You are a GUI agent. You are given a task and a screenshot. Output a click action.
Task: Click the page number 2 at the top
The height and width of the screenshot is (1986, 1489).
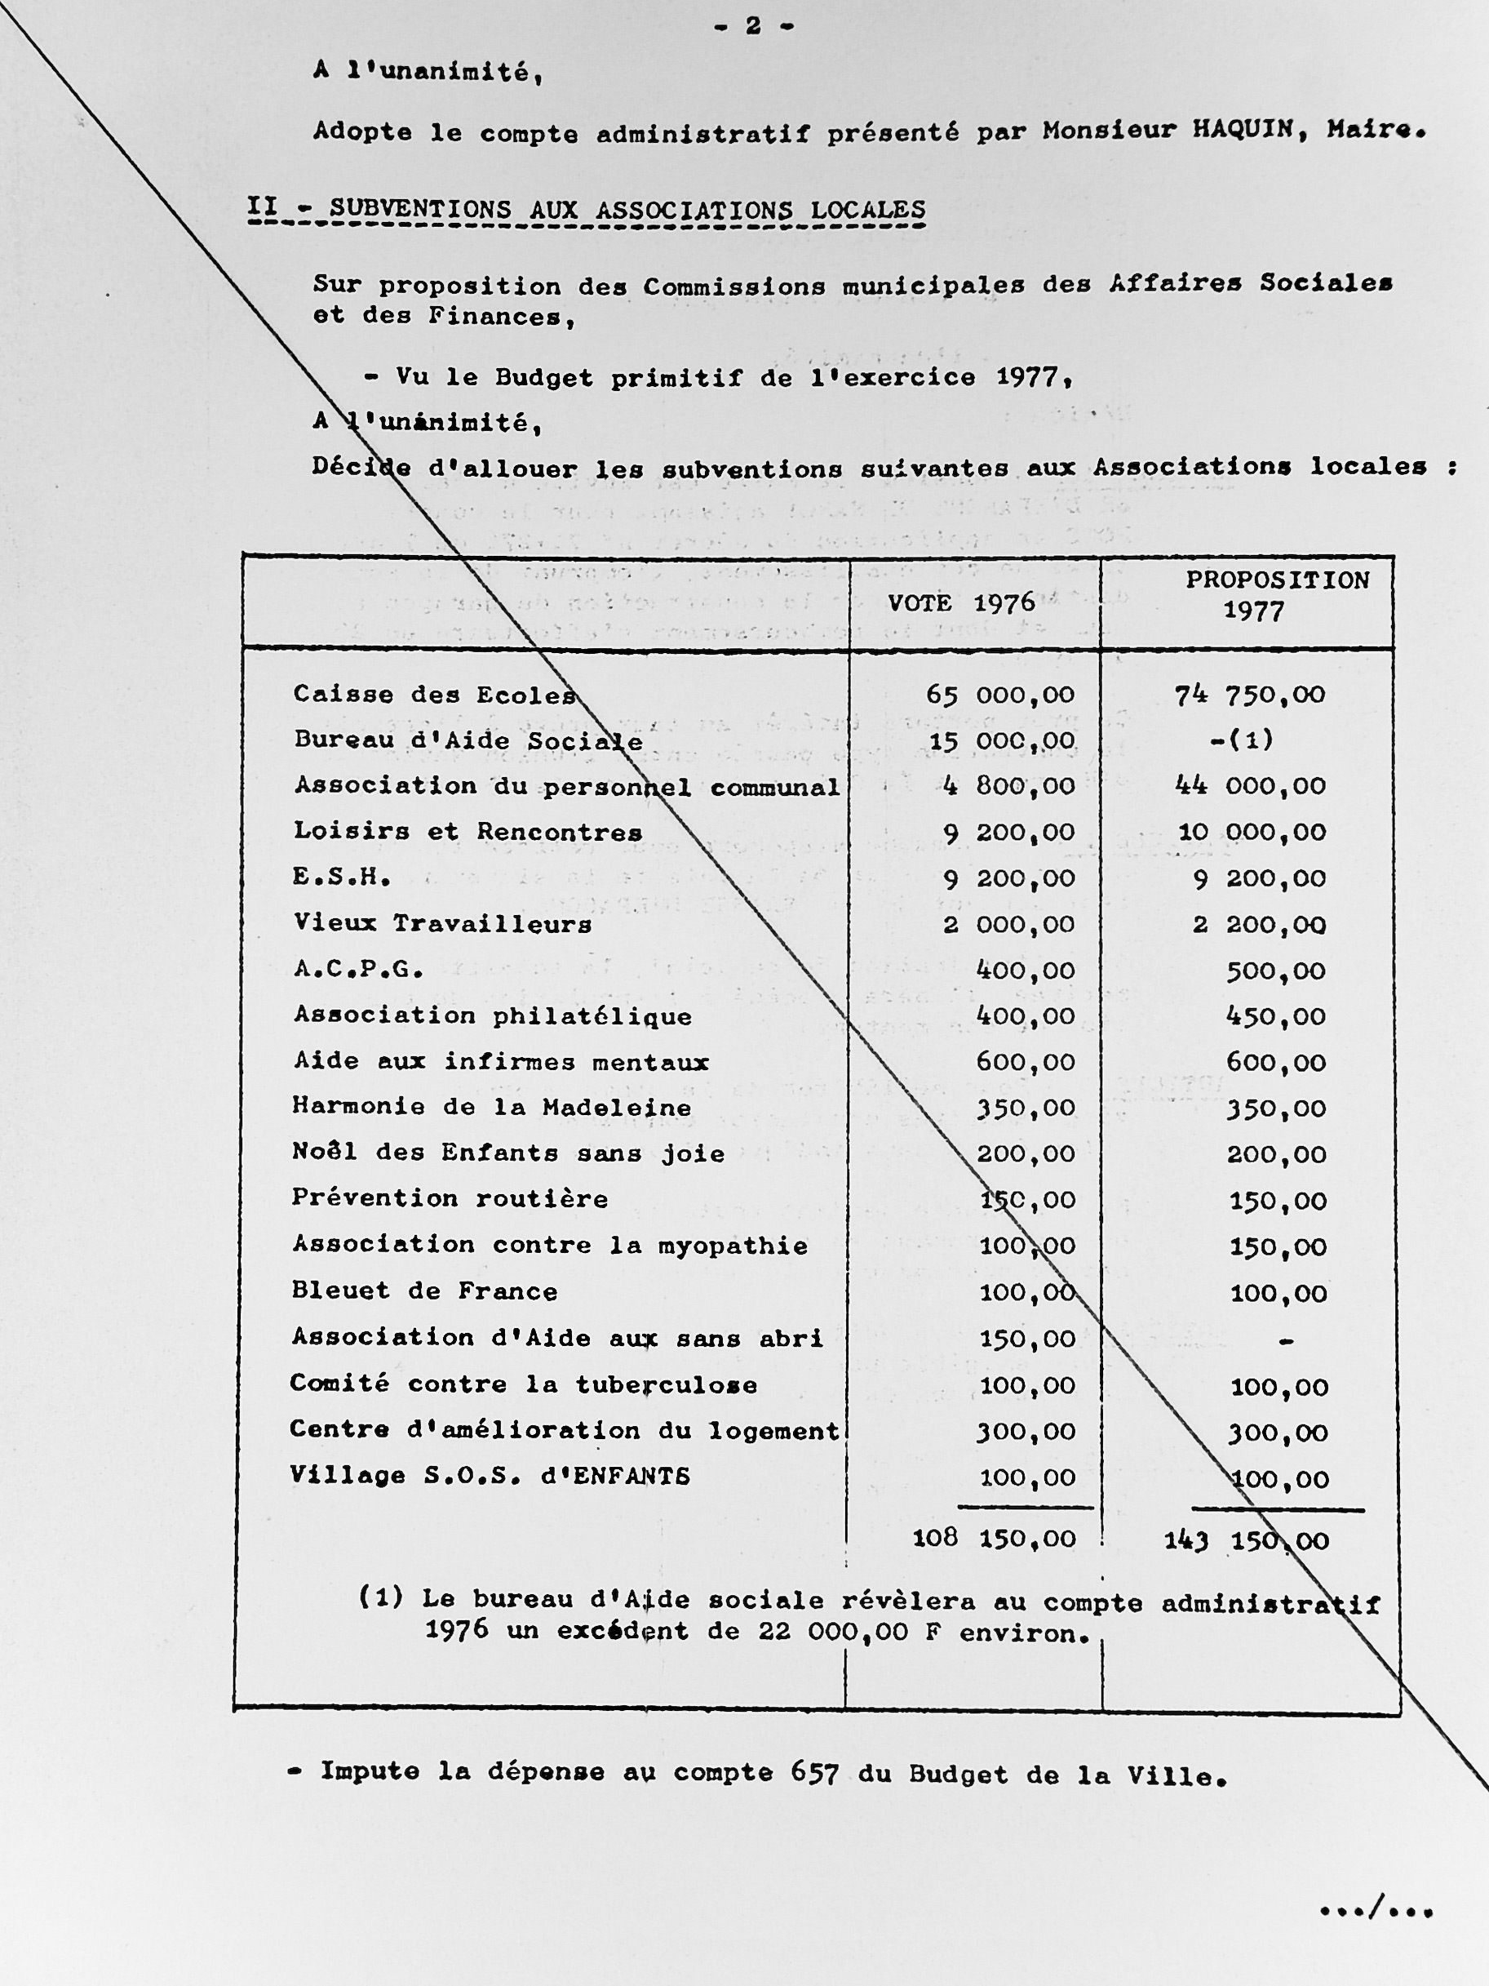pyautogui.click(x=753, y=26)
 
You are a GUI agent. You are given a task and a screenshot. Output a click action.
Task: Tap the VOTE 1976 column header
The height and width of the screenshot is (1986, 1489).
pyautogui.click(x=961, y=603)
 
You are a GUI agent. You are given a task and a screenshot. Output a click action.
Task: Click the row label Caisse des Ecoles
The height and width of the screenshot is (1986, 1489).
pyautogui.click(x=433, y=694)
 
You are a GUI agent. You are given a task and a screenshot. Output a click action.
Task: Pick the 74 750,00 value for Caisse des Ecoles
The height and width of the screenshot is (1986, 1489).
pyautogui.click(x=1250, y=695)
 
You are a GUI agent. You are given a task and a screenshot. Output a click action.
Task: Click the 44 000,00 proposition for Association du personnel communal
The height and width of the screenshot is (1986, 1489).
pyautogui.click(x=1250, y=787)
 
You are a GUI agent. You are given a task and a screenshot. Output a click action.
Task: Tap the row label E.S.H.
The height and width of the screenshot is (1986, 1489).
pyautogui.click(x=342, y=877)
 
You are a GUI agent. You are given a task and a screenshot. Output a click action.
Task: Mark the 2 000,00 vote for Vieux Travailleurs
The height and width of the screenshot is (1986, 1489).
pyautogui.click(x=1008, y=925)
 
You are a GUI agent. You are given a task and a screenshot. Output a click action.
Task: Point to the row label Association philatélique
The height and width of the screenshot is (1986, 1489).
pyautogui.click(x=493, y=1015)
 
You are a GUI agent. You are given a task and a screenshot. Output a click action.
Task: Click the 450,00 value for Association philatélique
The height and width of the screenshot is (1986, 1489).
pyautogui.click(x=1275, y=1016)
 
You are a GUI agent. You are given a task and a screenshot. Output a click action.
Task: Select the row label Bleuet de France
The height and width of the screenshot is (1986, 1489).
pyautogui.click(x=424, y=1291)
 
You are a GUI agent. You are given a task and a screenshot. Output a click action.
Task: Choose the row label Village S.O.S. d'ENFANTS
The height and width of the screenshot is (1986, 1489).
pyautogui.click(x=490, y=1476)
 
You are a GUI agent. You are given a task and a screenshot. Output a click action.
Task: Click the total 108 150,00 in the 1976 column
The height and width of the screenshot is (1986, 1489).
pyautogui.click(x=994, y=1539)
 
